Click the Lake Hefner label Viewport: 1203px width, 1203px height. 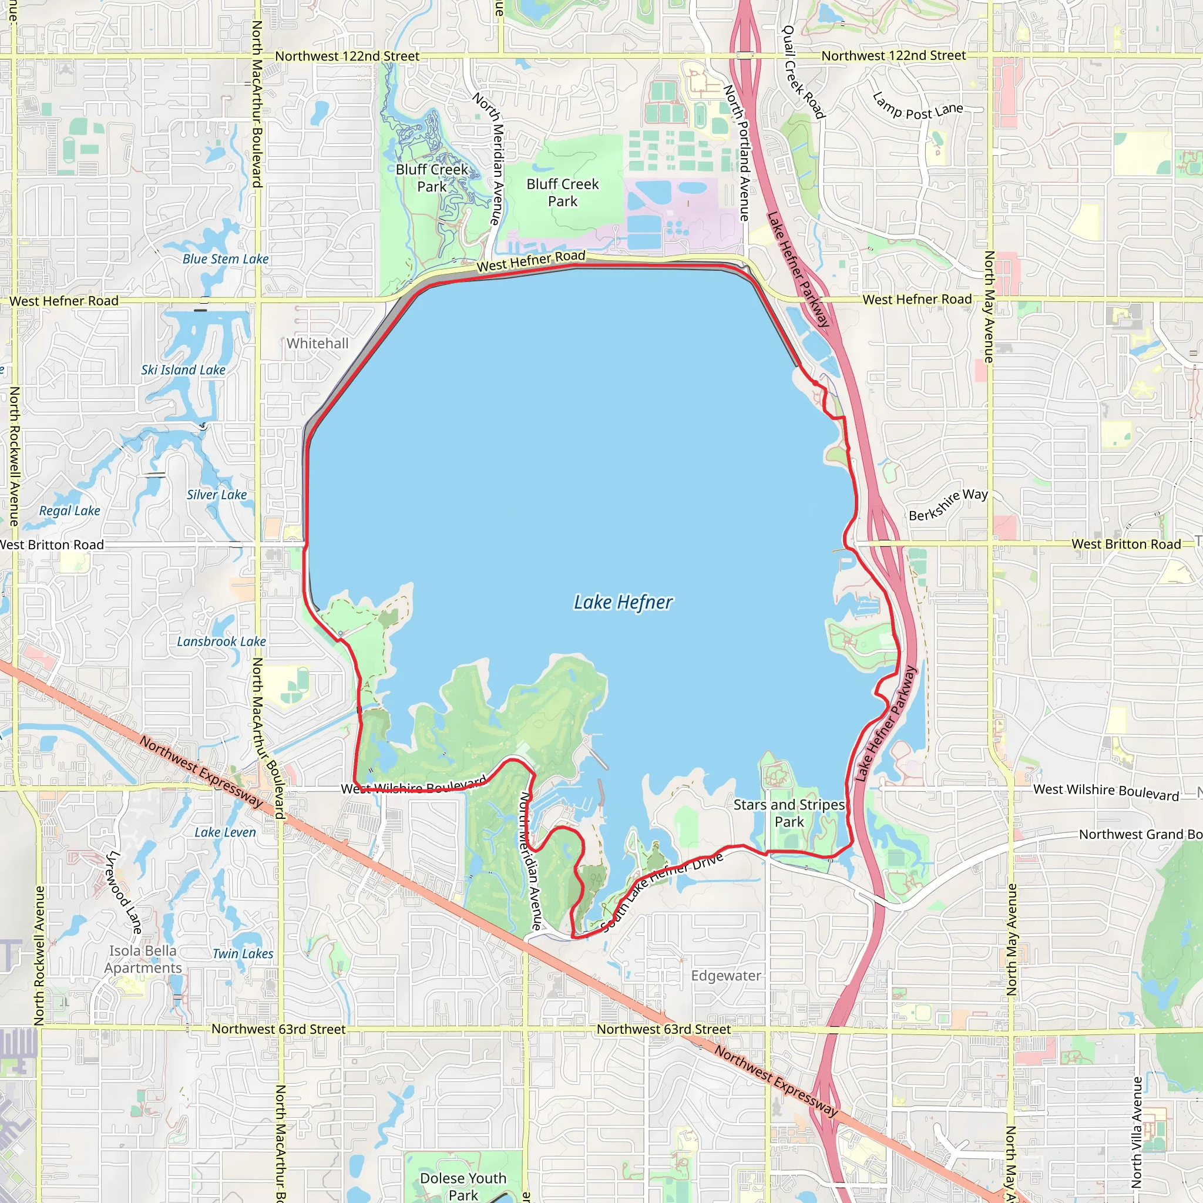623,602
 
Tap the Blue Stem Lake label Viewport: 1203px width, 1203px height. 226,259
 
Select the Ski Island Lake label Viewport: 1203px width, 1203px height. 183,370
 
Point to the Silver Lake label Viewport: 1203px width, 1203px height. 217,495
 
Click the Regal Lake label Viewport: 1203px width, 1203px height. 70,510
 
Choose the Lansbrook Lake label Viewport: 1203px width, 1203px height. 221,641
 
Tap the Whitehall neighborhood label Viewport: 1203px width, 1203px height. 318,343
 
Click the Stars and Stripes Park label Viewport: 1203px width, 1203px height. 789,813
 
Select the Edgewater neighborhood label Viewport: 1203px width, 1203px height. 726,975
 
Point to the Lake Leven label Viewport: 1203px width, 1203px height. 225,832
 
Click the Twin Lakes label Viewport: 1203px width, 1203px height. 243,953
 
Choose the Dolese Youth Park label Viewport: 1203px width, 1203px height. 463,1186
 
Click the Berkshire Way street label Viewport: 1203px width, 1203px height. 947,505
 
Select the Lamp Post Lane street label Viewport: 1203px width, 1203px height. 918,107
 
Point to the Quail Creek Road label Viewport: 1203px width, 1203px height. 803,72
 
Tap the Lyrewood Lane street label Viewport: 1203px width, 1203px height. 123,892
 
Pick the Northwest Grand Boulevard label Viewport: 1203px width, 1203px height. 1140,834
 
